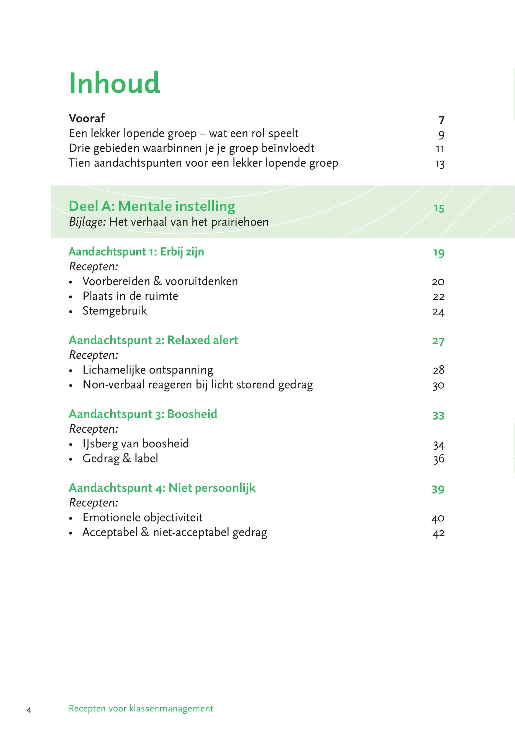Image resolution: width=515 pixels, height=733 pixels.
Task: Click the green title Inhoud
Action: coord(114,83)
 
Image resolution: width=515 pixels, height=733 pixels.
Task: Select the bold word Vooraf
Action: coord(87,118)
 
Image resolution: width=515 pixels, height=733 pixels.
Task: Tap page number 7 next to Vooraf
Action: coord(441,120)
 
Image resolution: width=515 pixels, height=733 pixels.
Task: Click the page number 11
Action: coord(440,149)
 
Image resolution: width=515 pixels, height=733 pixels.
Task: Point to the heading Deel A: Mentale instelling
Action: coord(152,206)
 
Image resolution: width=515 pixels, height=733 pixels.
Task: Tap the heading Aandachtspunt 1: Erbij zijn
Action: coord(136,252)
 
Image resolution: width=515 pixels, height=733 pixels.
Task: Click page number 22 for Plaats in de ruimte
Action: coord(439,297)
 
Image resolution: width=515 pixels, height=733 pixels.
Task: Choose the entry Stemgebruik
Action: coord(114,311)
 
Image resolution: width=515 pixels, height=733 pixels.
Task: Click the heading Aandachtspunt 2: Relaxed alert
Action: coord(153,340)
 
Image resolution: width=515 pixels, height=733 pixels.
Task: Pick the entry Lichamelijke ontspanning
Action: coord(148,370)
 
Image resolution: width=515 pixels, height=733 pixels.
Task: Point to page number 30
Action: coord(439,385)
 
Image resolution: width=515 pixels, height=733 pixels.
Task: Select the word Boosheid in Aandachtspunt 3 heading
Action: coord(192,414)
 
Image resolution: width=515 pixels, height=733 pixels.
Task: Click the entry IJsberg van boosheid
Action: coord(135,444)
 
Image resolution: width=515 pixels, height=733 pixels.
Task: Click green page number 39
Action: coord(438,489)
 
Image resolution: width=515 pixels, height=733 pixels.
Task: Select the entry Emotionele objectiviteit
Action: coord(142,517)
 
